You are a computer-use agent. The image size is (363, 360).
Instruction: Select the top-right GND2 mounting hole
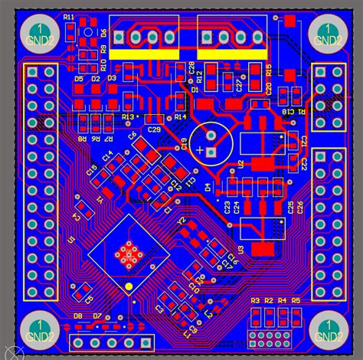click(329, 34)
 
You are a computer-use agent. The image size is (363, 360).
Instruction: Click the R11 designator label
click(70, 17)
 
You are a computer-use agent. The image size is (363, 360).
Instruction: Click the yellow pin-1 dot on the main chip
click(129, 287)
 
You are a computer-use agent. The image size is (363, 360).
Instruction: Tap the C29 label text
click(154, 130)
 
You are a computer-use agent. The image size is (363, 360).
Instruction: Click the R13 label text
click(129, 116)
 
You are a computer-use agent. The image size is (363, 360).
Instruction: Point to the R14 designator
click(181, 116)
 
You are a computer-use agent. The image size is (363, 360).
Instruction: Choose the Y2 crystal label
click(182, 222)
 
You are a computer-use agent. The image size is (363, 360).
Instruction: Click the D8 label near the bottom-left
click(78, 316)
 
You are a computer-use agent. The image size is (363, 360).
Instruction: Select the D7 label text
click(97, 316)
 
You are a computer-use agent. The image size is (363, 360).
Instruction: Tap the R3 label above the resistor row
click(256, 300)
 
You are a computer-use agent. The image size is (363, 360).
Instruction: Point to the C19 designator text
click(184, 142)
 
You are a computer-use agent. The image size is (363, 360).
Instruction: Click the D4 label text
click(208, 187)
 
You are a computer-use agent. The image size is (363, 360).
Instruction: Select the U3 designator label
click(240, 250)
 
